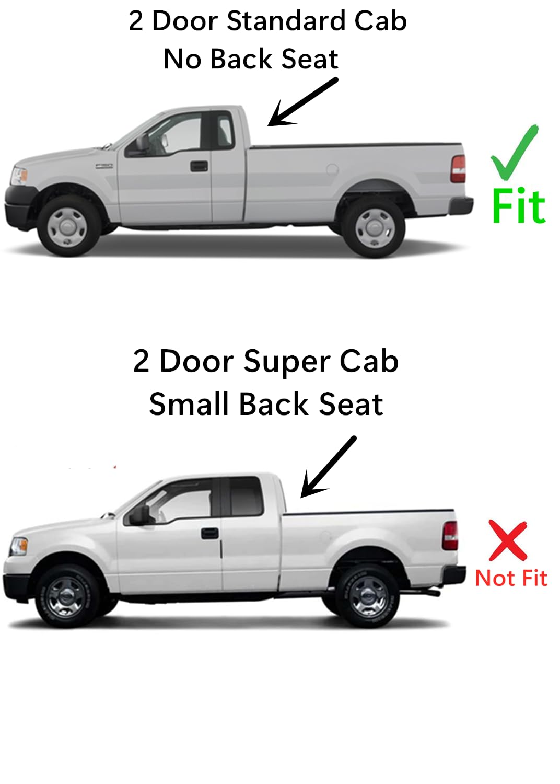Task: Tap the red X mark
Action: (x=507, y=540)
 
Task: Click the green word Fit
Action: (x=519, y=206)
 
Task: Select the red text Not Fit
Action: (x=511, y=579)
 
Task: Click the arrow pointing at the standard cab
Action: (x=303, y=102)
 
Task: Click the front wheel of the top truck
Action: (x=68, y=226)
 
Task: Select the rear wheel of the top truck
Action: (x=374, y=227)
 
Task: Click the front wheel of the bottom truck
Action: (x=66, y=596)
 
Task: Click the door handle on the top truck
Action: (x=199, y=166)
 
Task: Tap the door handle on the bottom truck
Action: (x=210, y=533)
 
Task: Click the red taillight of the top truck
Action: (x=458, y=169)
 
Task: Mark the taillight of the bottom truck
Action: (x=450, y=536)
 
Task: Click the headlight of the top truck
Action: (x=20, y=175)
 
